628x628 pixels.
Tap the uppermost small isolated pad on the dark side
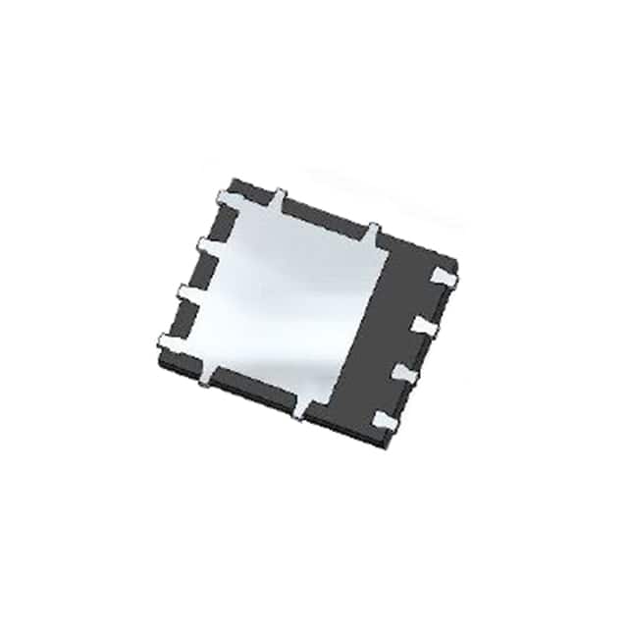tap(443, 280)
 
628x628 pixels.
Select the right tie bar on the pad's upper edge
tap(373, 232)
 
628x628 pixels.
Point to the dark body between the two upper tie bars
tap(326, 212)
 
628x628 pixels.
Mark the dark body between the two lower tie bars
tap(253, 388)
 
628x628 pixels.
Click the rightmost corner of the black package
tap(457, 263)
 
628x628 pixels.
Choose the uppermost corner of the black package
tap(233, 179)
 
